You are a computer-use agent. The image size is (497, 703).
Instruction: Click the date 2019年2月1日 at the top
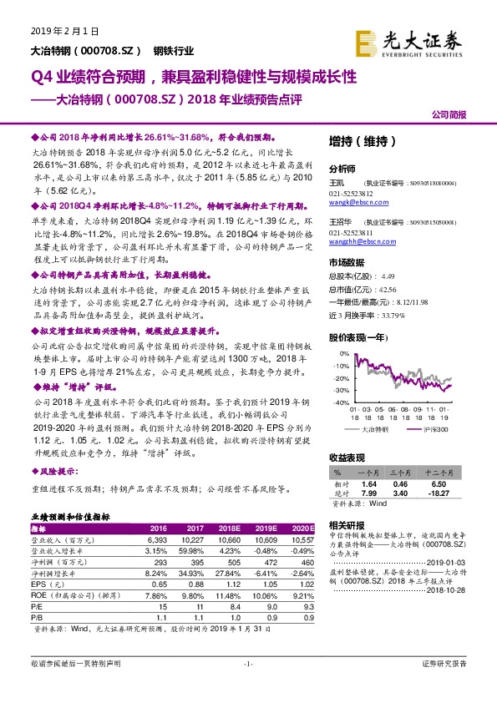tap(58, 31)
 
